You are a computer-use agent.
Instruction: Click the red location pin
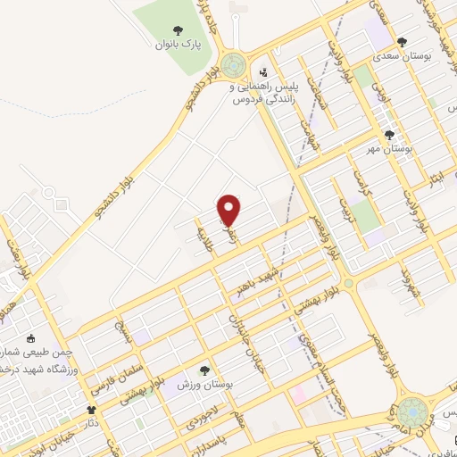pyautogui.click(x=229, y=209)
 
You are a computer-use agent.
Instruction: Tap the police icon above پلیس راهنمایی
pyautogui.click(x=263, y=72)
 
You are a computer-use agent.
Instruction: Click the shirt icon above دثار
pyautogui.click(x=92, y=409)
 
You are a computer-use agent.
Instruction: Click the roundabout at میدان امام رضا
pyautogui.click(x=412, y=412)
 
